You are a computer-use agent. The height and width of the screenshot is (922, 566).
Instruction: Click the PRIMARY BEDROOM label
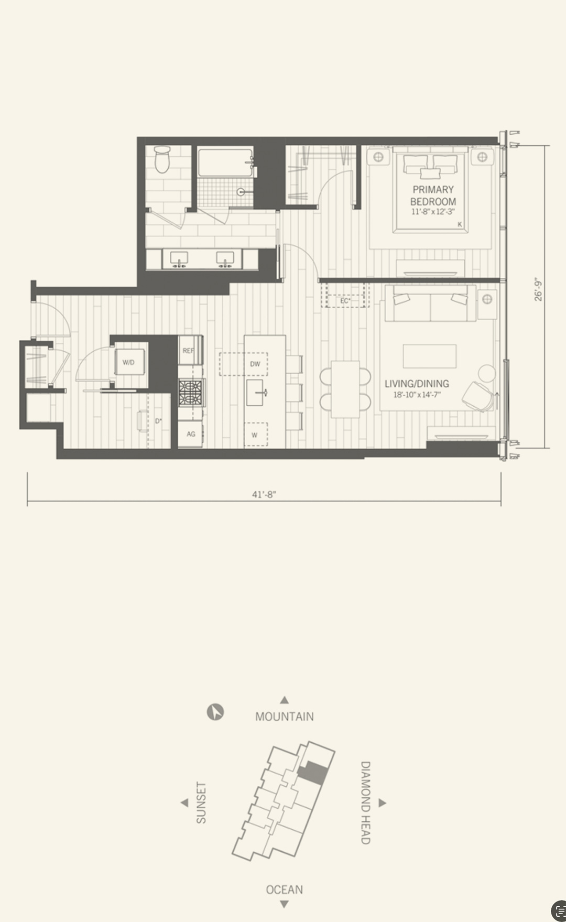coord(433,196)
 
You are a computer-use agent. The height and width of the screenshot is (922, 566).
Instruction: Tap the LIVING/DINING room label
coord(417,384)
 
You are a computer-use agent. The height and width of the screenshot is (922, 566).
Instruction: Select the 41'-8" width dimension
coord(264,494)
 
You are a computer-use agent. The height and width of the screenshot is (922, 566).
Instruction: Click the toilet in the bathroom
coord(162,159)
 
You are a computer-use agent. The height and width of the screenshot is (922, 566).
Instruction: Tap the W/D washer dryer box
coord(128,362)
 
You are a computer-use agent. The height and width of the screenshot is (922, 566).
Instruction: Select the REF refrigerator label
coord(188,351)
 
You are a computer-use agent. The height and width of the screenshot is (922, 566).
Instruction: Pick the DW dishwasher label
coord(255,364)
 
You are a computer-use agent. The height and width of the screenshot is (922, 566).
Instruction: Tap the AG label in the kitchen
coord(191,434)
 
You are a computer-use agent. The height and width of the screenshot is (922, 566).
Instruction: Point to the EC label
coord(345,301)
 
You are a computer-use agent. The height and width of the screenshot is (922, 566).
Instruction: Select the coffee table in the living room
coord(430,356)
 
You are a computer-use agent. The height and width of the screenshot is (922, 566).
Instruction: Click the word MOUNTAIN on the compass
coord(285,717)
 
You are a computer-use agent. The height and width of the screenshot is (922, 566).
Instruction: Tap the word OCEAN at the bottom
coord(284,890)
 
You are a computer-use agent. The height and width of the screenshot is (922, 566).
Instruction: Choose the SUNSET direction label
coord(201,802)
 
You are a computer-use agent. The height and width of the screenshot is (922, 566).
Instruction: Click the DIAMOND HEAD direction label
coord(365,802)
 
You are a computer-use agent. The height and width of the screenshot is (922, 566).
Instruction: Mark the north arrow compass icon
coord(215,712)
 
